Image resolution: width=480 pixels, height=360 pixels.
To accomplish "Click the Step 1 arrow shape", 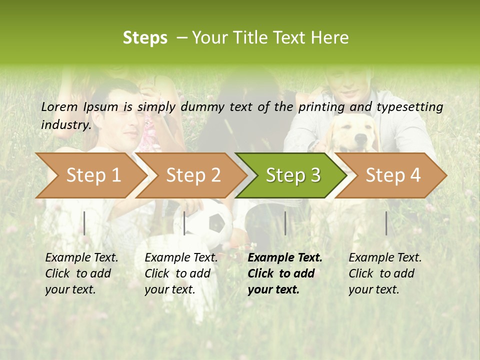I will click(x=92, y=175).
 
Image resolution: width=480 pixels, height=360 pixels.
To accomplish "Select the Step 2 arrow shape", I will click(x=192, y=175).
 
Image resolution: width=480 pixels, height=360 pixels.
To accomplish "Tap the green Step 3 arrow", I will click(x=292, y=175).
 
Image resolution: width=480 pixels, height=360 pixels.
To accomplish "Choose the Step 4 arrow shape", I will click(x=392, y=175).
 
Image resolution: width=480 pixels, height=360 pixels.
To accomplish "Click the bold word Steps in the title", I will click(x=145, y=37).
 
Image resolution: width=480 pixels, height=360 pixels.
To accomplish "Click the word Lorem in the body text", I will click(x=59, y=106).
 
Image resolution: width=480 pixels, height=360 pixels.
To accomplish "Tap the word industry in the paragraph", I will click(x=65, y=124).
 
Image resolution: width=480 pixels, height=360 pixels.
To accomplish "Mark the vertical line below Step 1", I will click(x=84, y=223).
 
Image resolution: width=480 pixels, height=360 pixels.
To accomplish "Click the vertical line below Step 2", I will click(x=184, y=223).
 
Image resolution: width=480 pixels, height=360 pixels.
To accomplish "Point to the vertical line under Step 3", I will click(x=285, y=223).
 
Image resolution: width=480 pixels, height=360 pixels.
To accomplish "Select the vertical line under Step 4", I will click(x=386, y=223).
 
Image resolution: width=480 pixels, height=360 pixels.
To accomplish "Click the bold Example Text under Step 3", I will click(x=285, y=257).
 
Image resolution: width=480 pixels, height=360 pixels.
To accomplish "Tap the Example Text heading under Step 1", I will click(x=81, y=257).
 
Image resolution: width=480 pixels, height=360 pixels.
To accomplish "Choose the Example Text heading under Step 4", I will click(x=385, y=257).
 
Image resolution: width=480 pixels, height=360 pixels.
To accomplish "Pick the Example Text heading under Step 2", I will click(x=181, y=257).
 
